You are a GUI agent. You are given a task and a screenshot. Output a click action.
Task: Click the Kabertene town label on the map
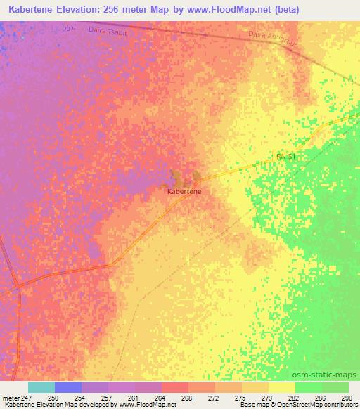click(x=186, y=190)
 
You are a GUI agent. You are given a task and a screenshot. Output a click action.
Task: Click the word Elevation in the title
click(x=88, y=10)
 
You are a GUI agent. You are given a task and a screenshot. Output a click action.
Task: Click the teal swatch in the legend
click(x=41, y=387)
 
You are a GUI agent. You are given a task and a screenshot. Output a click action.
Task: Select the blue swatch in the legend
click(x=68, y=387)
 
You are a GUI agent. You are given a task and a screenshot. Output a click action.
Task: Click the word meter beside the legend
click(x=9, y=398)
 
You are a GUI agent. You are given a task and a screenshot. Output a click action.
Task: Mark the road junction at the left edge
click(x=18, y=286)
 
